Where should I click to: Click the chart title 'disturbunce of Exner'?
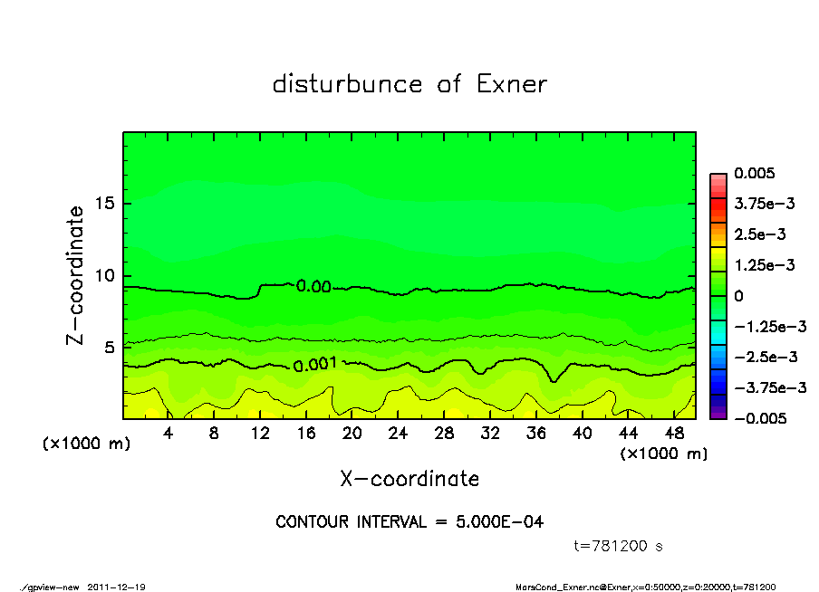409,84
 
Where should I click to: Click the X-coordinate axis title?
409,479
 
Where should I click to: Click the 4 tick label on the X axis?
169,433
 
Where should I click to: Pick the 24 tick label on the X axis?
398,433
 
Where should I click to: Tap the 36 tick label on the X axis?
535,433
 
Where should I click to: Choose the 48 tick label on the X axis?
673,433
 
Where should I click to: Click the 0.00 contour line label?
313,286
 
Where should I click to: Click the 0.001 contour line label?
315,364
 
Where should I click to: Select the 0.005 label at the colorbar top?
755,173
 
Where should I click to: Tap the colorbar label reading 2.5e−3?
759,234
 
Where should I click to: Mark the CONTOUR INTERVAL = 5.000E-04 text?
409,522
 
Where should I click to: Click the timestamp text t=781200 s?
620,546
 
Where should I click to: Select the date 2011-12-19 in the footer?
117,587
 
